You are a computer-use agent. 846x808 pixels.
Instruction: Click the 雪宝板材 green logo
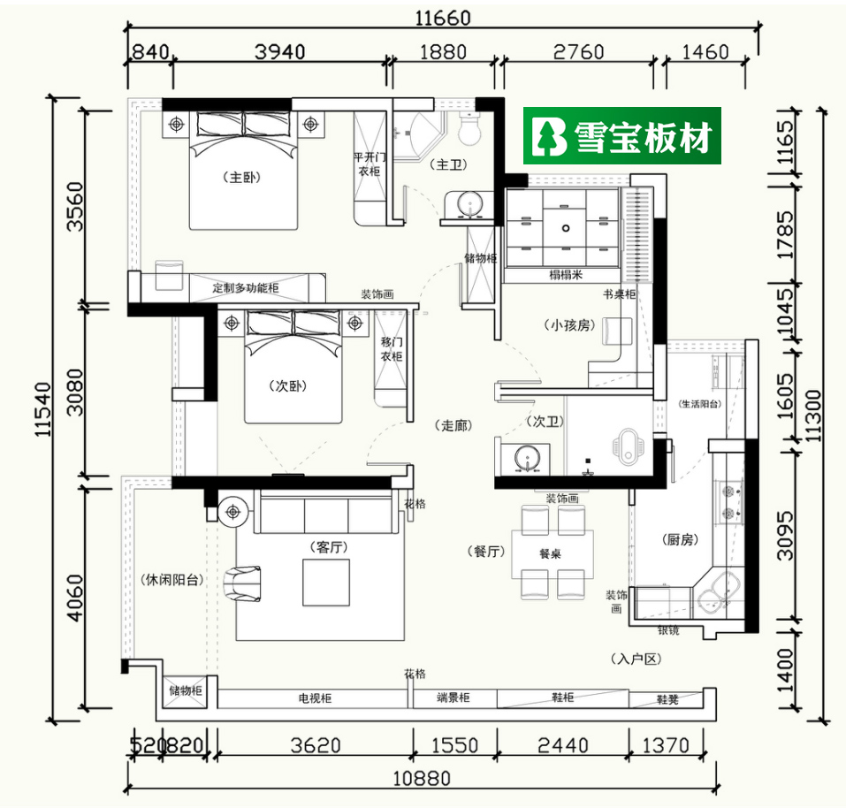[x=621, y=136]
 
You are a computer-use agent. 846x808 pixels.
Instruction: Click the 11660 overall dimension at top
[x=440, y=17]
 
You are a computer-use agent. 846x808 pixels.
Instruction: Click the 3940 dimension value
[x=278, y=51]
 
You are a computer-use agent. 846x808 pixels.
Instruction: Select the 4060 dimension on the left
[x=73, y=598]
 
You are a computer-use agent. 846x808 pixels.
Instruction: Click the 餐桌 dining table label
[x=552, y=554]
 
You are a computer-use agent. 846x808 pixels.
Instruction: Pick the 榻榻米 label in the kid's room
[x=566, y=275]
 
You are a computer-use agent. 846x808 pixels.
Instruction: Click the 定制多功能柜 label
[x=246, y=288]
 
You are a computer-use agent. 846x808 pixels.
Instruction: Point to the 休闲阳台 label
[x=172, y=581]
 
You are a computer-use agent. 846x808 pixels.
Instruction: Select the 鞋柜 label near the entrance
[x=563, y=697]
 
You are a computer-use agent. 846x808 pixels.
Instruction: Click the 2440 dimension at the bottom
[x=562, y=745]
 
